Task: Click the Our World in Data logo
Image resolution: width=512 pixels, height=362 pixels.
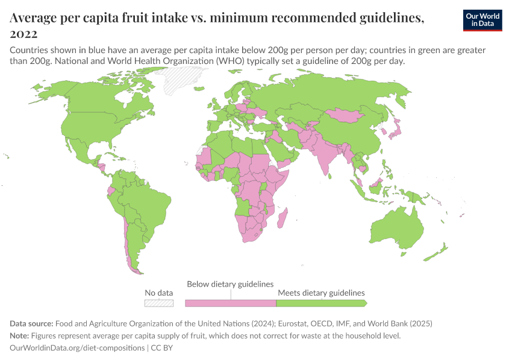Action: pos(482,20)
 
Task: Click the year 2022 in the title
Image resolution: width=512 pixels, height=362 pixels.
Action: pos(23,34)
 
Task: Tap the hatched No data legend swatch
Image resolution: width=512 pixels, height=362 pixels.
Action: pos(158,303)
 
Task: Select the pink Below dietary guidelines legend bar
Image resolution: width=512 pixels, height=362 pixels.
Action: pos(230,303)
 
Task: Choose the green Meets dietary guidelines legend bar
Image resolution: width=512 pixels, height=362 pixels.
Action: pos(320,303)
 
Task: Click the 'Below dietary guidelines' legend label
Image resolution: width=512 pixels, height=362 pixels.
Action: pos(230,284)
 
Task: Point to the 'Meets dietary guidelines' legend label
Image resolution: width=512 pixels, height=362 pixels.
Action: pos(321,293)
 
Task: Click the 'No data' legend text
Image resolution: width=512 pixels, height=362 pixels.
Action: pos(158,293)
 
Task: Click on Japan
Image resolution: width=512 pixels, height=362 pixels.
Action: pos(396,129)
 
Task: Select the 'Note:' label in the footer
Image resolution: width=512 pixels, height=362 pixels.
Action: pos(21,336)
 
